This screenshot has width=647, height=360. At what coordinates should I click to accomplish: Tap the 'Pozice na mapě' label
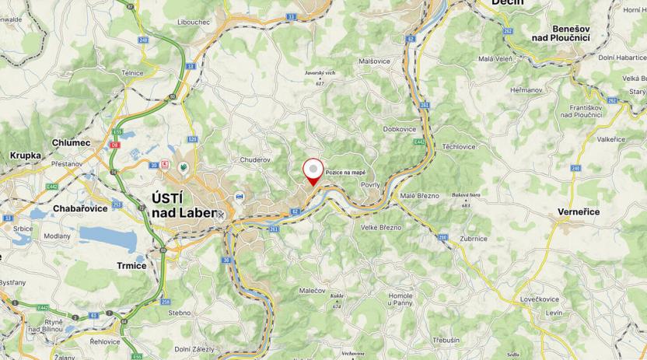point(345,173)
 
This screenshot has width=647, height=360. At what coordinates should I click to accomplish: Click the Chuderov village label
point(254,159)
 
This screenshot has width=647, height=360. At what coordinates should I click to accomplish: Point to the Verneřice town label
point(579,211)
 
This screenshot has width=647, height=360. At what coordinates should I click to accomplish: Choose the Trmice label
point(131,265)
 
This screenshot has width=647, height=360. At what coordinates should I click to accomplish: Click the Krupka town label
point(25,155)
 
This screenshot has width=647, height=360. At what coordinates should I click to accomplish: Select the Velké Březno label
point(381,227)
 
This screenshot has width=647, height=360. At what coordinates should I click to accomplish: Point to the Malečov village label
point(312,289)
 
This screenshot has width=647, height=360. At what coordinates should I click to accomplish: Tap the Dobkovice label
point(400,129)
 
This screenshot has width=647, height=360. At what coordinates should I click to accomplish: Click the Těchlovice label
point(459,146)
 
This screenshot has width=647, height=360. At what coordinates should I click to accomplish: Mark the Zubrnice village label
point(474,239)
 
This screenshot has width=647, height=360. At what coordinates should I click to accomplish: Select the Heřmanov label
point(526,90)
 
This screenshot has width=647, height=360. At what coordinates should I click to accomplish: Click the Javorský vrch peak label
point(320,74)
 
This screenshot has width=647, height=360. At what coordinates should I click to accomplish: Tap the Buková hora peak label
point(467,194)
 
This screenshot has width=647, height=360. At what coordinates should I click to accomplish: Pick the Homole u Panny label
point(400,300)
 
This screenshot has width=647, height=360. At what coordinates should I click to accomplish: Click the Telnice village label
point(154,73)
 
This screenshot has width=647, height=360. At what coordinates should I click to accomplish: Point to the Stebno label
point(179,313)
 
